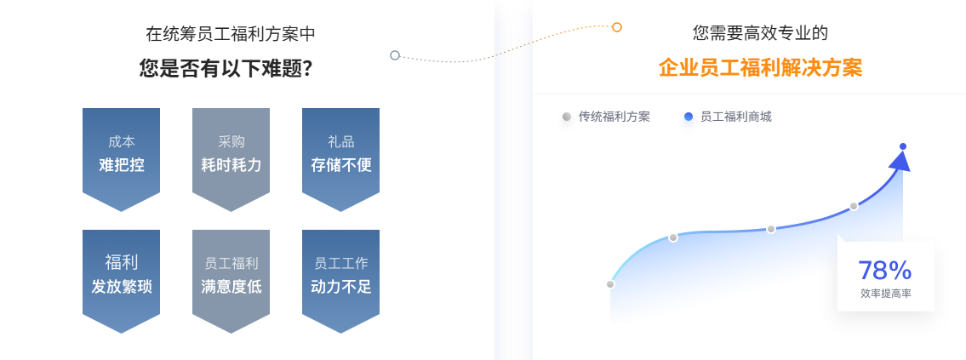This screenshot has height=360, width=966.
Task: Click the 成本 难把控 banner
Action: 121,154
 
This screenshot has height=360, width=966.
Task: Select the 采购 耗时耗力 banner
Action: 231,154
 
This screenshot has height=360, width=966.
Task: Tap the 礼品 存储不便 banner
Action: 340,154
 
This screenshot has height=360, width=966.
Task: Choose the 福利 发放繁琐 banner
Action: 121,275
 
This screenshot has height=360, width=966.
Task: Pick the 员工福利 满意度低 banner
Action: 231,275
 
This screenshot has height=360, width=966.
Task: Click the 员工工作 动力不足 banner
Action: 340,275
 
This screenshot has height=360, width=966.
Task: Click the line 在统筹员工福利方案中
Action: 230,34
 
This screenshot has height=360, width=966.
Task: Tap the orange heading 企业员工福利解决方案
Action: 760,68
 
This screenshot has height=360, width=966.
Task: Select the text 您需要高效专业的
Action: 760,33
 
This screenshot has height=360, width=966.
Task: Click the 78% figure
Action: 884,271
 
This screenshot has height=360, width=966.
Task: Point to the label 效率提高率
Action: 885,294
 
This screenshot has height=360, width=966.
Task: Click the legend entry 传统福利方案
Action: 614,117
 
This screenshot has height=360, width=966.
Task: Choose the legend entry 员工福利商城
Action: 735,117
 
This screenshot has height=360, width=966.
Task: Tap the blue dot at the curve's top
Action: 903,146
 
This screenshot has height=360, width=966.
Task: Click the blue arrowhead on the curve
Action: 899,162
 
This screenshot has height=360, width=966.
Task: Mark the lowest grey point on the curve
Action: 610,284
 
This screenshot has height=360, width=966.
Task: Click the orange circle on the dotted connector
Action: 617,27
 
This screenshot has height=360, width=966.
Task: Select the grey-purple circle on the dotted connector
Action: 395,55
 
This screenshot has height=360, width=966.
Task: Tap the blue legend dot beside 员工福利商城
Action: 689,117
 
